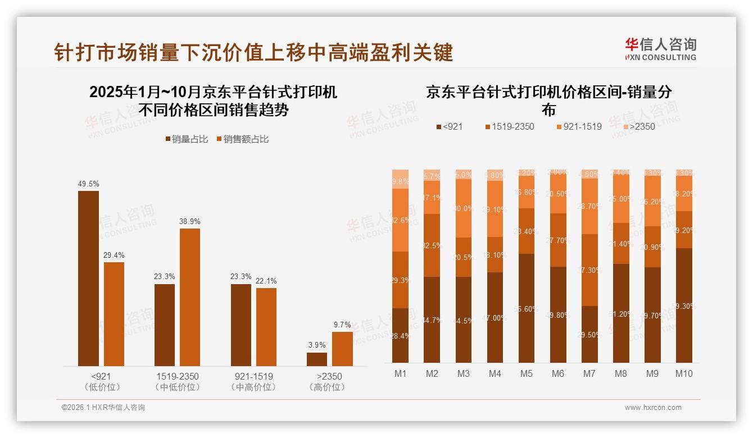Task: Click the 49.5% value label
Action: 88,184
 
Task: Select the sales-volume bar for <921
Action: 88,279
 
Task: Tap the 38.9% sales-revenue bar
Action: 190,297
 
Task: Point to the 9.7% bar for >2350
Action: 342,349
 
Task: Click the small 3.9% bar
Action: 317,359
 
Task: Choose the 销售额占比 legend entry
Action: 242,139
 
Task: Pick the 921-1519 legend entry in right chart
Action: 578,126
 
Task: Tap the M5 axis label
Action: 526,373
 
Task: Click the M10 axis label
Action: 683,373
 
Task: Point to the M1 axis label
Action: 400,373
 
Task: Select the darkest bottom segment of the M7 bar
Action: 589,334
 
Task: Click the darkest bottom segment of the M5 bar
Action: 526,308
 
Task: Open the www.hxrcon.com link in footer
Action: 653,408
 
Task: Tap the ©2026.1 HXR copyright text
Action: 103,408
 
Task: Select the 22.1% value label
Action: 266,281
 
